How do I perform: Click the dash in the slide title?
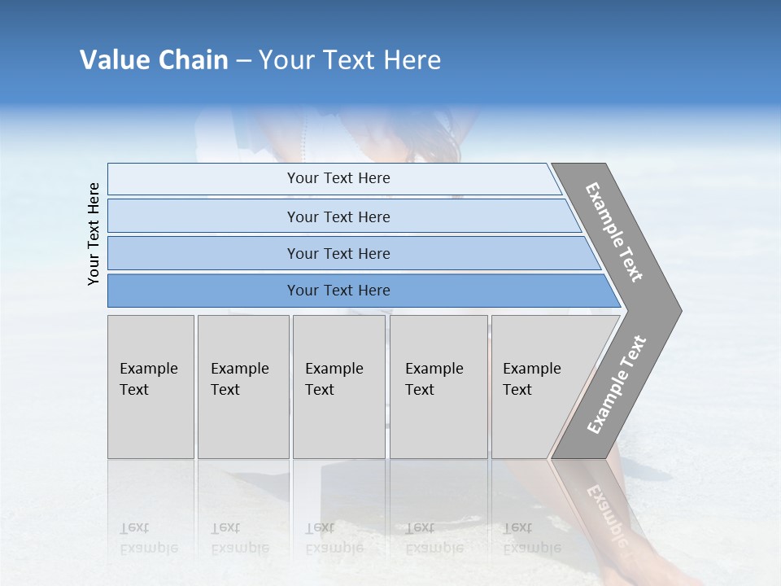coord(243,61)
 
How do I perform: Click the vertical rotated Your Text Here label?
coord(94,234)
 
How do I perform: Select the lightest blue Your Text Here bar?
coord(338,178)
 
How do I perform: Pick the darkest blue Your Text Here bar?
coord(338,291)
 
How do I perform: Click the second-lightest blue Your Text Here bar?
coord(338,216)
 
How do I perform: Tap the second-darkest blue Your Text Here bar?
coord(338,253)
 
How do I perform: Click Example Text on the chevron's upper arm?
coord(615,232)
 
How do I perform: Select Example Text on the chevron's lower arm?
coord(617,385)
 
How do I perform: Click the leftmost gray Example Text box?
coord(151,387)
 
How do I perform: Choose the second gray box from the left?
coord(242,387)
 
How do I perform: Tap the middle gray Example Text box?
coord(338,387)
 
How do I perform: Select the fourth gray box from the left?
coord(438,387)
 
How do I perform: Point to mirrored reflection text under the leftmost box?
coord(148,537)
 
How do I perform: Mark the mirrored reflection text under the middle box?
coord(334,537)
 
